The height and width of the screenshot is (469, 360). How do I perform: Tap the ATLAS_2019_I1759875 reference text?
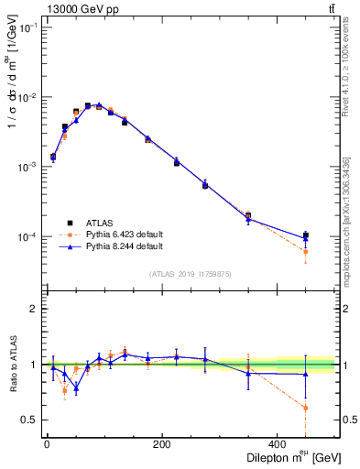click(x=191, y=274)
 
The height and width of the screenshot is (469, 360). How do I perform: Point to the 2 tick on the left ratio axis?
click(x=33, y=309)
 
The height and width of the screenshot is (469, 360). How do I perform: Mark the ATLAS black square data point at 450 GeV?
click(x=306, y=235)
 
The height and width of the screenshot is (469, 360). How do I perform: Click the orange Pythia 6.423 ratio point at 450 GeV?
click(x=306, y=409)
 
